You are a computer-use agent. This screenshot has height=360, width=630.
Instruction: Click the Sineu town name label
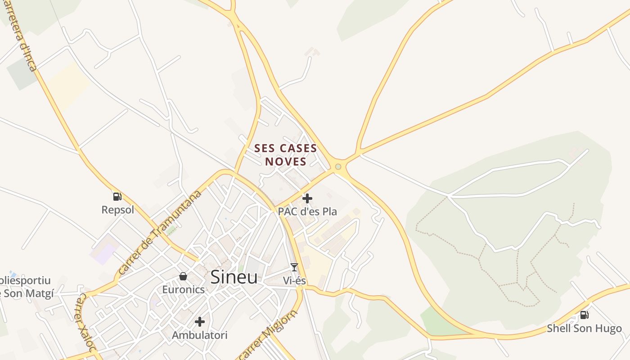[x=234, y=277]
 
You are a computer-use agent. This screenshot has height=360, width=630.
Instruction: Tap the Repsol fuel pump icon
[x=117, y=196]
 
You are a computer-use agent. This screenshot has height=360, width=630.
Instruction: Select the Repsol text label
[x=118, y=210]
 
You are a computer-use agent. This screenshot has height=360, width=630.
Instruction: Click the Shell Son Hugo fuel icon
[x=584, y=315]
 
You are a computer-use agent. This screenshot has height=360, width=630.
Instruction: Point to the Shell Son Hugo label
[x=584, y=328]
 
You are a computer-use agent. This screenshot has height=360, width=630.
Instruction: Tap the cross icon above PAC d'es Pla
[x=307, y=198]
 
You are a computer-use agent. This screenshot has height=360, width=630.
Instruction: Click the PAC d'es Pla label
[x=307, y=211]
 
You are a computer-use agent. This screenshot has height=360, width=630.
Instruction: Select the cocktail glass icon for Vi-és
[x=294, y=267]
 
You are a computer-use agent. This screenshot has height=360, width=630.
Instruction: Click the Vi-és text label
[x=294, y=281]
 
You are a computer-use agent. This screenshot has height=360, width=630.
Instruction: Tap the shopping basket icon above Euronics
[x=183, y=276]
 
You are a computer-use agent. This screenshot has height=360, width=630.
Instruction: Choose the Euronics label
[x=183, y=289]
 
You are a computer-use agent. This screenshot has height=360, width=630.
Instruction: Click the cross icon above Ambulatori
[x=200, y=322]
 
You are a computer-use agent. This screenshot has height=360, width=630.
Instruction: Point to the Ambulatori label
[x=200, y=335]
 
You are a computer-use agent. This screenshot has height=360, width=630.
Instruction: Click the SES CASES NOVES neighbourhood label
[x=285, y=155]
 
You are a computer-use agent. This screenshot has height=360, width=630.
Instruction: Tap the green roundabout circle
[x=338, y=167]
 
